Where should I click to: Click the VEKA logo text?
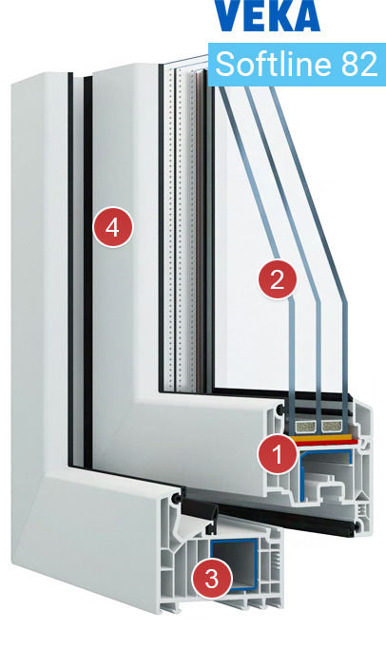pyautogui.click(x=267, y=16)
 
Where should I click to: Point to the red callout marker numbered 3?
pyautogui.click(x=212, y=577)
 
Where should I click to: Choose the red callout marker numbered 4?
pyautogui.click(x=112, y=227)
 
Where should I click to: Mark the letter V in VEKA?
pyautogui.click(x=228, y=16)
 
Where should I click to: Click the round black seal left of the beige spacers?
pyautogui.click(x=281, y=412)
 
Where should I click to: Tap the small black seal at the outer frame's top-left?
pyautogui.click(x=178, y=496)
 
